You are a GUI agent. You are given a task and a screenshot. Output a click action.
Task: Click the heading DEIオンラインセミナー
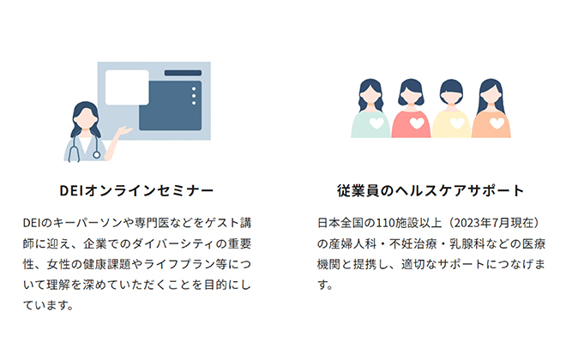[136, 190]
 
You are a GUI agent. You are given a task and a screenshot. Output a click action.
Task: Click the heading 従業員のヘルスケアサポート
[431, 190]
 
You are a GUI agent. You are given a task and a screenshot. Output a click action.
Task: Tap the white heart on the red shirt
[417, 123]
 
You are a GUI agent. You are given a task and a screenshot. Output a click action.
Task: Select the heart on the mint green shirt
[376, 123]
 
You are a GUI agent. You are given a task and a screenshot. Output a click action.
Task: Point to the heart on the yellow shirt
[457, 123]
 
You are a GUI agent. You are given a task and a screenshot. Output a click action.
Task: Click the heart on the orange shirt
[497, 123]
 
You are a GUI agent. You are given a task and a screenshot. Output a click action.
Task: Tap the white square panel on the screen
[127, 87]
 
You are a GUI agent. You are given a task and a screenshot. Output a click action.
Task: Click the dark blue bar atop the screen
[183, 73]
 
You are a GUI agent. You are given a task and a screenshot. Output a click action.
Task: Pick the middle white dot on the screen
[194, 96]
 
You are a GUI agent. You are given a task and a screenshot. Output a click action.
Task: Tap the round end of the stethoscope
[96, 155]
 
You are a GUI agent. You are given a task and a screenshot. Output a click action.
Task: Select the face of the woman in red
[411, 93]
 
